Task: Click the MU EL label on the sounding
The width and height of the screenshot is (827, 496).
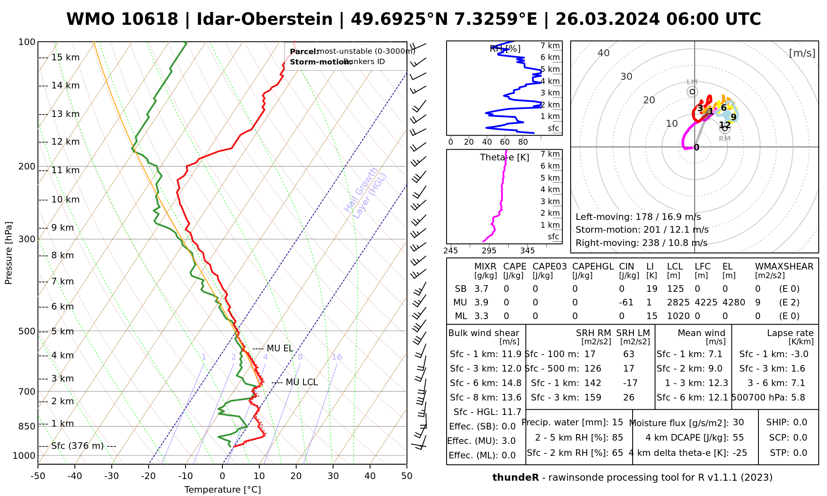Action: [x=280, y=348]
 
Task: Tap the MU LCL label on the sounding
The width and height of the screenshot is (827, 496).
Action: [x=301, y=382]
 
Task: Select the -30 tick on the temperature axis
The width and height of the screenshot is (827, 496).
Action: [x=112, y=476]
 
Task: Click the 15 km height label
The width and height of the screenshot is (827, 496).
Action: [x=65, y=57]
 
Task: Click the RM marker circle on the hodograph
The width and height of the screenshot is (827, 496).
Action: [x=724, y=128]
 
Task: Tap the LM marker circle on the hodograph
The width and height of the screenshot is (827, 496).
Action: [x=692, y=92]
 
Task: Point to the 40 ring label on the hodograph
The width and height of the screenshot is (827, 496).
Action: [x=604, y=53]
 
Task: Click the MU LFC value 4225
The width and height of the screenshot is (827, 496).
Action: [x=706, y=303]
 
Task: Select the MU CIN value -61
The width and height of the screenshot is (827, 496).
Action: [x=626, y=303]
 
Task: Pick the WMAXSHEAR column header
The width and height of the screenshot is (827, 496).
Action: [x=784, y=267]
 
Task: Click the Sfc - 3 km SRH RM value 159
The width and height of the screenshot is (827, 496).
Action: [x=593, y=398]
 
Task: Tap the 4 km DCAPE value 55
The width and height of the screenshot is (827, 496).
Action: [x=738, y=438]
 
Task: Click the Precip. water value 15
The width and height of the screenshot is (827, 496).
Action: [x=617, y=422]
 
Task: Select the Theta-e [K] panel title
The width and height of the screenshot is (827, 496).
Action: [x=504, y=157]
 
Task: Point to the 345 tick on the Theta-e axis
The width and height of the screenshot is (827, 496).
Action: [x=527, y=251]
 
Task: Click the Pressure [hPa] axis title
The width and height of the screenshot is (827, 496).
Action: [x=9, y=253]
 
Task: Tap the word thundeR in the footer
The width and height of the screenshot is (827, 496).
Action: [x=515, y=478]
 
